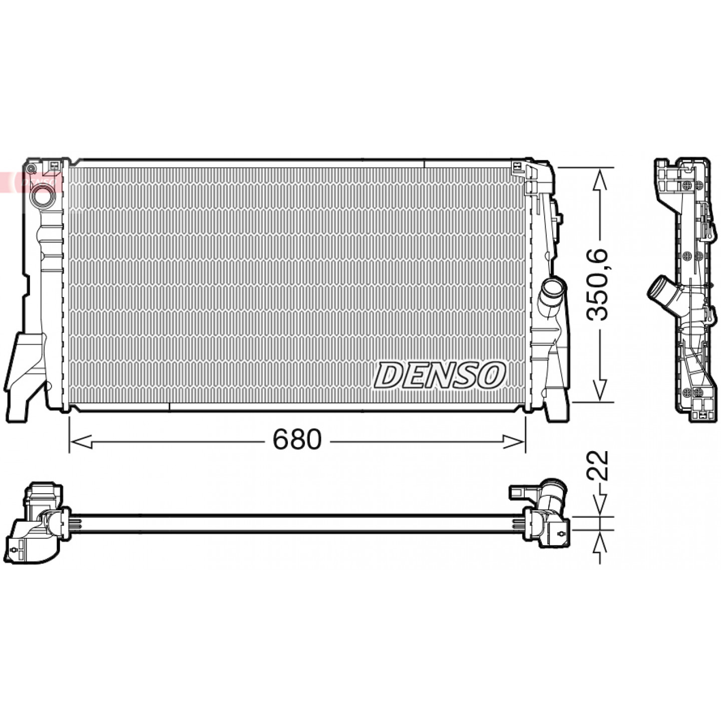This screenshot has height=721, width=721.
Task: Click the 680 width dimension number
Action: click(x=297, y=439)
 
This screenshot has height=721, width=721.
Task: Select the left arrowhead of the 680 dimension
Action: click(x=81, y=442)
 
